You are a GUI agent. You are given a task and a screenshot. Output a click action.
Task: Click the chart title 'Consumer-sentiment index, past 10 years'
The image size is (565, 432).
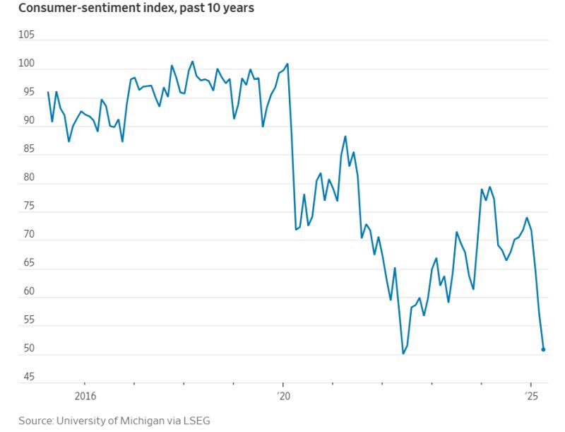coord(136,8)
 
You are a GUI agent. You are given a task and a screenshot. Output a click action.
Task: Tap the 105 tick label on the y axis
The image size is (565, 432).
coord(26,35)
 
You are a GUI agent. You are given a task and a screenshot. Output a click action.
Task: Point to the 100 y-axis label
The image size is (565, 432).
coord(26,64)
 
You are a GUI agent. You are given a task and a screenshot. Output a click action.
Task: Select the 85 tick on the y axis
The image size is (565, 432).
coord(26,149)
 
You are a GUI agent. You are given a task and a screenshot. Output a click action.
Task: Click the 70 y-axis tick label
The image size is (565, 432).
coord(26,234)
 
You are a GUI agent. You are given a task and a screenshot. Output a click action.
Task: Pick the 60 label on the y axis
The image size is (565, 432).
coord(26,291)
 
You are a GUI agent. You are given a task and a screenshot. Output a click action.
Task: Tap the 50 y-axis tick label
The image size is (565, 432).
coord(26,348)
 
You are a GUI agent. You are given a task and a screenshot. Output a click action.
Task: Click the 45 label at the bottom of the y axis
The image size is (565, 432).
coord(26,376)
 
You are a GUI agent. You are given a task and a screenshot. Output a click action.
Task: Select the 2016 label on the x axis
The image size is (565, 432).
coord(85,395)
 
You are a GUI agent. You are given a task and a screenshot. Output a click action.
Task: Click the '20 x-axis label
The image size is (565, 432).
coord(283,395)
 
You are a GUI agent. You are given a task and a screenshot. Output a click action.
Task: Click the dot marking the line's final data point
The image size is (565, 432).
coord(543,349)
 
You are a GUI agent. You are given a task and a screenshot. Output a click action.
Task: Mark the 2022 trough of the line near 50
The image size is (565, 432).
coord(403,354)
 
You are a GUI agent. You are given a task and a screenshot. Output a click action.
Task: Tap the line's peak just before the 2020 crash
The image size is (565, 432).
coord(287,64)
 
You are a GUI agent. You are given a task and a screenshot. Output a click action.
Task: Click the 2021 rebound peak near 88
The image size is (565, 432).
coord(345,136)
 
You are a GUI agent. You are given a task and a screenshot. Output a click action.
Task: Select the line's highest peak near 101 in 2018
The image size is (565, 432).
coord(193,62)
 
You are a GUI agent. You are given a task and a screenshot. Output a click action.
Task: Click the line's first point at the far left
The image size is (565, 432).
coord(48,92)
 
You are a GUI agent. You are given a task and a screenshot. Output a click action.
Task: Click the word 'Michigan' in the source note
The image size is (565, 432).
coord(126,421)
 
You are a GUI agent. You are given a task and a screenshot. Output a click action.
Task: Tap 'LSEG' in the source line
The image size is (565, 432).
coord(195,421)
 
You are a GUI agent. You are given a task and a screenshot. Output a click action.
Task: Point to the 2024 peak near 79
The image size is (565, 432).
coord(490,187)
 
